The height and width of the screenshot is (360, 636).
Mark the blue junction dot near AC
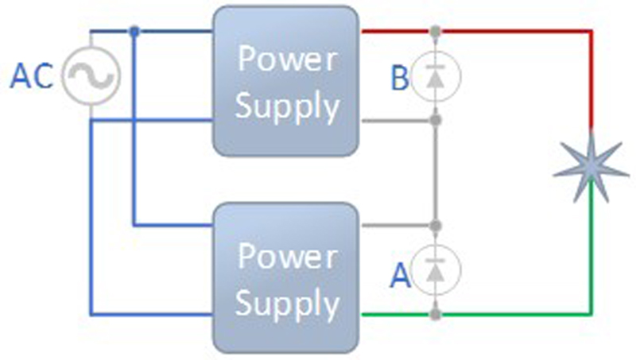click(x=135, y=32)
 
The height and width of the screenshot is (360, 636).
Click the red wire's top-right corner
click(x=591, y=33)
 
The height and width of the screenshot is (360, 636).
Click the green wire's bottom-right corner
click(x=591, y=315)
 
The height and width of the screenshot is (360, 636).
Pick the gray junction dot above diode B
click(x=435, y=33)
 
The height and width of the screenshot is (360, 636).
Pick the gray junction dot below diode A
click(x=435, y=315)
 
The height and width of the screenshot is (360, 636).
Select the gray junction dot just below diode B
click(x=435, y=121)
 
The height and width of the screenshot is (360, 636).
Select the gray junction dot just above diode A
click(x=435, y=226)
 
